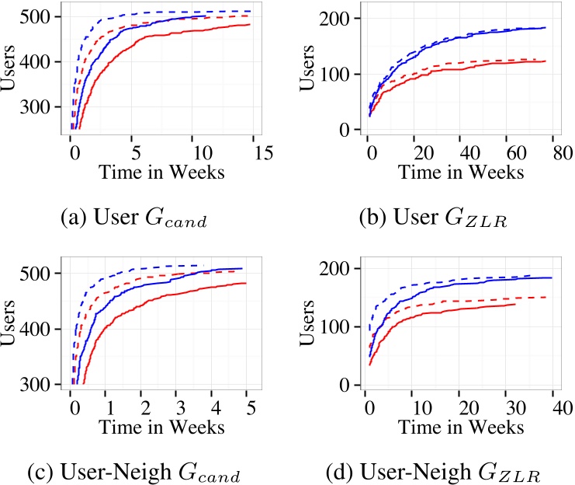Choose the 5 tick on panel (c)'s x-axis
pyautogui.click(x=247, y=406)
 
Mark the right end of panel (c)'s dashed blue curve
pyautogui.click(x=199, y=265)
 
